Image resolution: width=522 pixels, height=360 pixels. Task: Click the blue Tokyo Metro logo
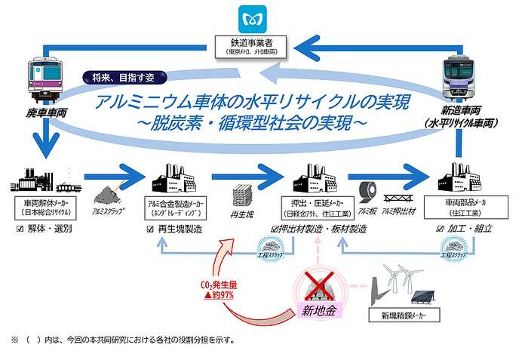tap(250, 16)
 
